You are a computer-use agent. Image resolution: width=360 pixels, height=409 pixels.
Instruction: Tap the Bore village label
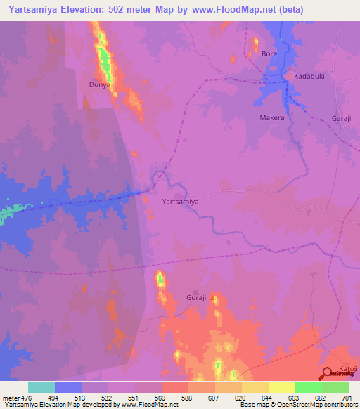click(x=269, y=53)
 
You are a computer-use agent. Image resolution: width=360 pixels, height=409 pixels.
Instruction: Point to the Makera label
click(x=272, y=118)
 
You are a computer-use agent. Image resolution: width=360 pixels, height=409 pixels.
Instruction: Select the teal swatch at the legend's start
click(x=41, y=387)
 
